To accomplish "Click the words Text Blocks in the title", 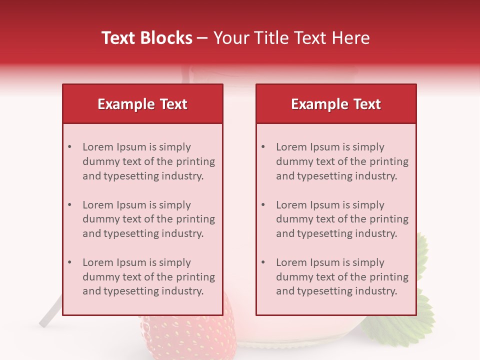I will point(146,38).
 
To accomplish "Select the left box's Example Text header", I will point(142,104).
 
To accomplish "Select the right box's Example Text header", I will point(336,104).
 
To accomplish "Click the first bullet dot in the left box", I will point(69,147).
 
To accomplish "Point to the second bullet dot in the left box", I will point(69,205).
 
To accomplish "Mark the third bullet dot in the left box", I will point(69,262).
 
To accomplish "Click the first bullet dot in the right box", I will point(263,147).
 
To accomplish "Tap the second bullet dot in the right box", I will point(263,205).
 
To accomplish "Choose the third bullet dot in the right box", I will point(263,262).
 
